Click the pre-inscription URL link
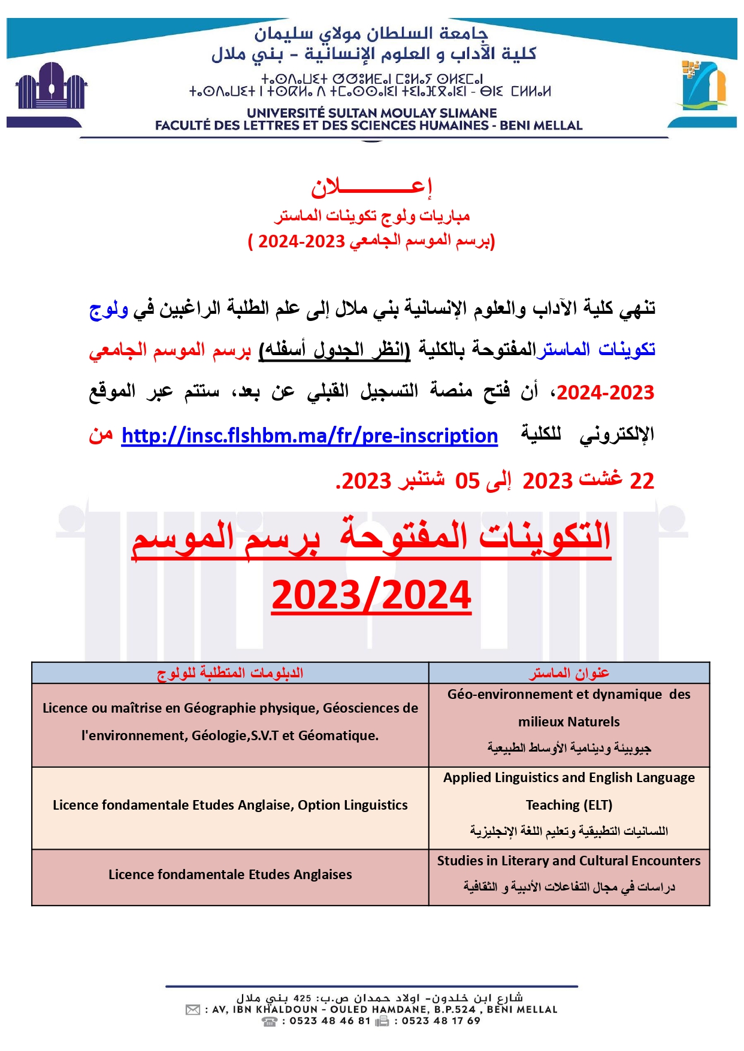coord(309,435)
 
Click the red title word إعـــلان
coord(371,188)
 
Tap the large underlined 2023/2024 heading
coord(371,595)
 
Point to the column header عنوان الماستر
coord(569,673)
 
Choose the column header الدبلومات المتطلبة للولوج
coord(230,673)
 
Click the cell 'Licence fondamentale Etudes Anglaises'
coord(230,874)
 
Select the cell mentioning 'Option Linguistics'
coord(230,805)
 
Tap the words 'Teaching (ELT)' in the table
coord(569,805)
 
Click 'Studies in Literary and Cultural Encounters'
coord(568,861)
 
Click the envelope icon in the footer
coord(193,1010)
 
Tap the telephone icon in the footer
coord(270,1021)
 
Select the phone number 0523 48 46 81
coord(330,1021)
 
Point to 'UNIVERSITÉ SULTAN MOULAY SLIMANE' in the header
coord(371,113)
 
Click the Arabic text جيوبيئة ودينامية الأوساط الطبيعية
coord(569,748)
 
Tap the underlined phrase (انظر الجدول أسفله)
coord(334,350)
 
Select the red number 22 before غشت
coord(642,480)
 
